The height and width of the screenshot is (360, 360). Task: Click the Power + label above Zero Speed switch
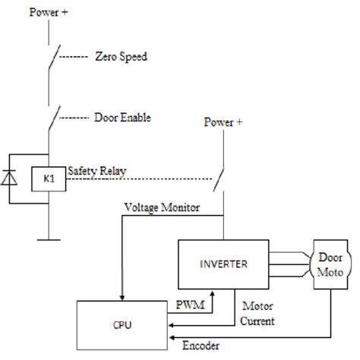coord(49,13)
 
